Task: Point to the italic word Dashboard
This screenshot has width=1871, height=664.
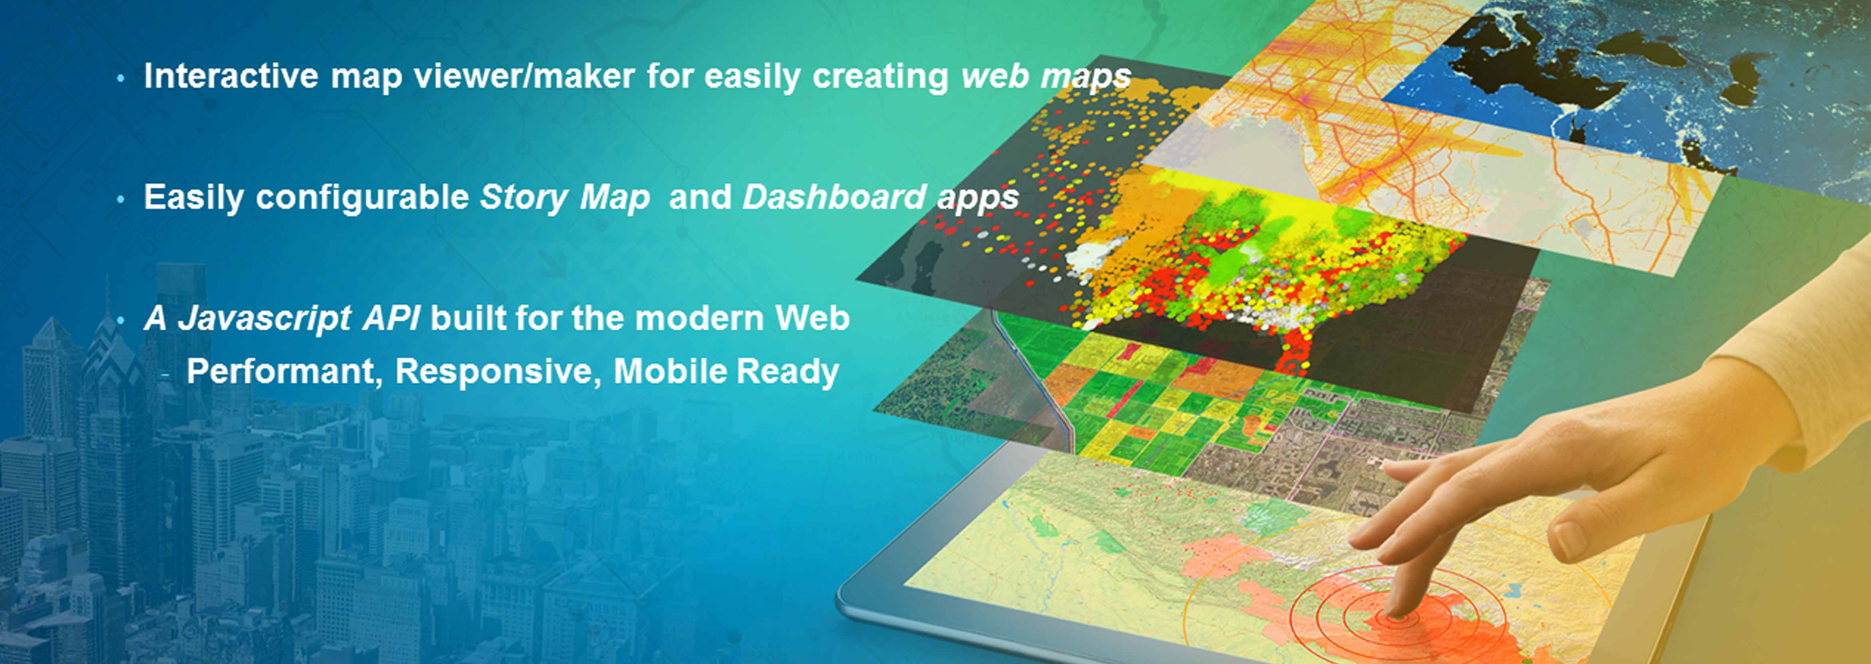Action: click(x=834, y=197)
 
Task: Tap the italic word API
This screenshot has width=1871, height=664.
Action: click(x=391, y=318)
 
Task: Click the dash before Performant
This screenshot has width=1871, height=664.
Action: click(x=166, y=374)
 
